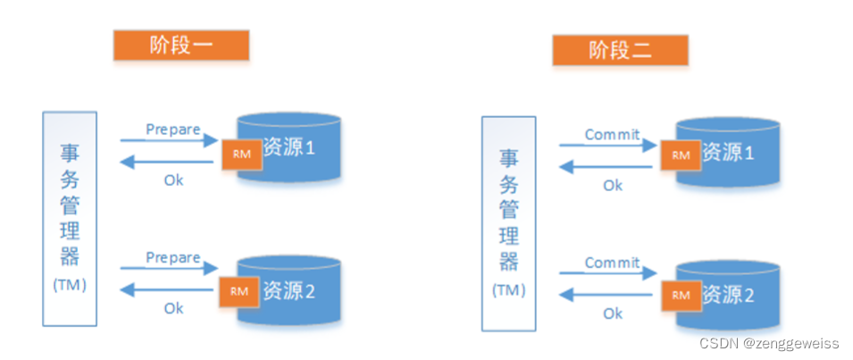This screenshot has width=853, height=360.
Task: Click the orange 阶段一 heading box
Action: (180, 45)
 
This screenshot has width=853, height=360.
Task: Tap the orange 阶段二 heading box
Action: (620, 51)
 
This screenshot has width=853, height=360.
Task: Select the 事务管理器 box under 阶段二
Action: (508, 222)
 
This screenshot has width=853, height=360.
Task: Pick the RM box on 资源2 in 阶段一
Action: (238, 289)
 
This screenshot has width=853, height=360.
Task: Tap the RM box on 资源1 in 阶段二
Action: (681, 155)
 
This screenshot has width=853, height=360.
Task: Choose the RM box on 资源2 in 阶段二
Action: (681, 293)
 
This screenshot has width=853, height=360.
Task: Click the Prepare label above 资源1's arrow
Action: (173, 130)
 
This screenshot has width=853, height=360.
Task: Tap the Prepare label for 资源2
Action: (173, 257)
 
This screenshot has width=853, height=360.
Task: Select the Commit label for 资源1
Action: (612, 135)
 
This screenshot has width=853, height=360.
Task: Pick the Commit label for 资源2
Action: (612, 263)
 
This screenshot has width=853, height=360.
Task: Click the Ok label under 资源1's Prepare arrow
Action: (174, 180)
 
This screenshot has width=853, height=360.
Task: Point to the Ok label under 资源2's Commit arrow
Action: (613, 314)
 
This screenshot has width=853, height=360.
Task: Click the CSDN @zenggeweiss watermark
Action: (771, 344)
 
